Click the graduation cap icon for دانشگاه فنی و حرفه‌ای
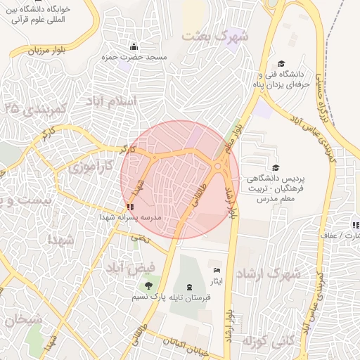point(282,64)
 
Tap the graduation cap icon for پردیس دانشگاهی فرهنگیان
point(275,168)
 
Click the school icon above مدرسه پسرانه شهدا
point(129,207)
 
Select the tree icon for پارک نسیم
point(148,285)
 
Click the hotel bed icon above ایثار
point(217,271)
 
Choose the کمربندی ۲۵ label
point(34,108)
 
